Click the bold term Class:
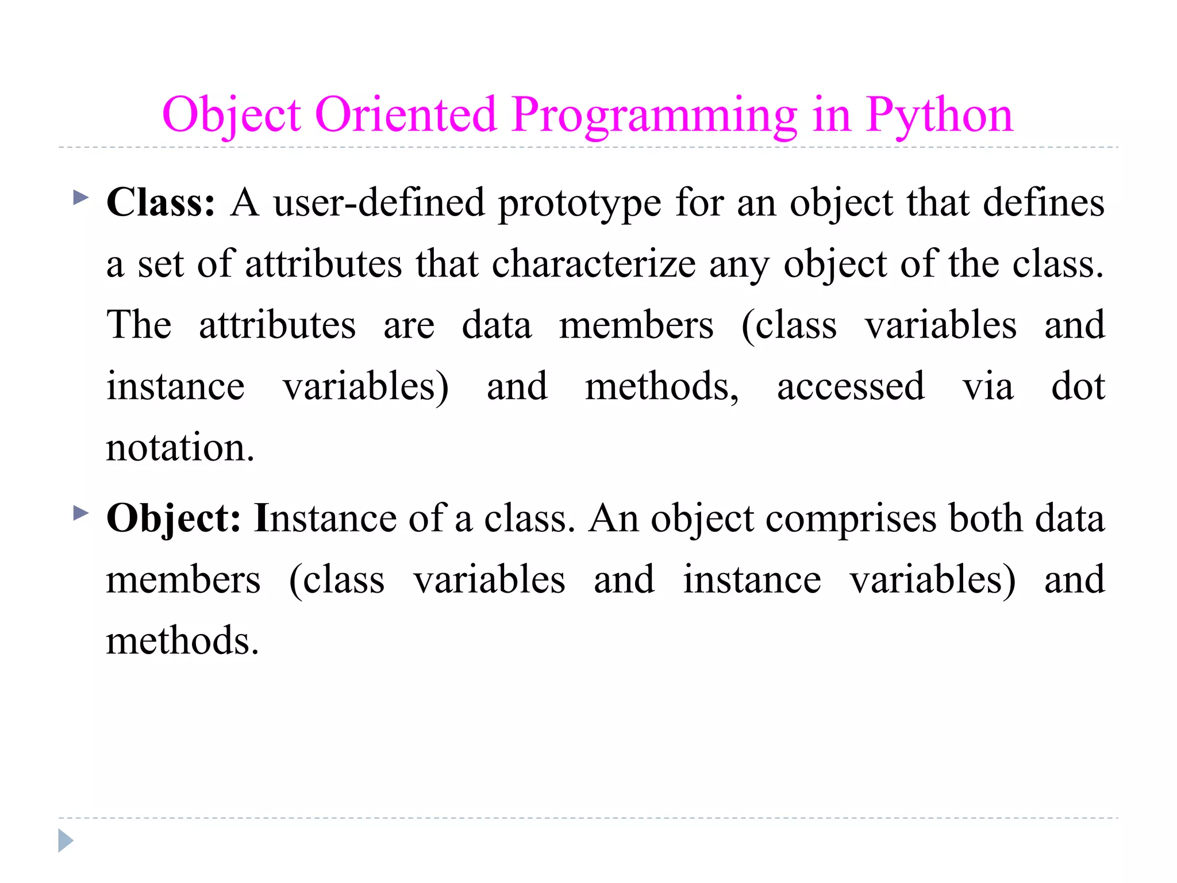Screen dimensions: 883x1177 tap(161, 203)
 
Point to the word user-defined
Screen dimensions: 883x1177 tap(379, 203)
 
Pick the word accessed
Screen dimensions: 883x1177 tap(851, 386)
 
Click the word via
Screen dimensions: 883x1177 tap(988, 386)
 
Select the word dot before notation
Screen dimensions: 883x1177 tap(1078, 386)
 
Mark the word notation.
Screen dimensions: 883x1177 tap(180, 447)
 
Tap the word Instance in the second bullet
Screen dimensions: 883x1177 tap(325, 519)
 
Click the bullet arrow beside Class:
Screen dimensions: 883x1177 tap(81, 198)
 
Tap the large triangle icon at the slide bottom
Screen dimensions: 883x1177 tap(66, 840)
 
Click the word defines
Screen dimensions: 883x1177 tap(1043, 203)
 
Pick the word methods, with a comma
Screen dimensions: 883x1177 tap(661, 386)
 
